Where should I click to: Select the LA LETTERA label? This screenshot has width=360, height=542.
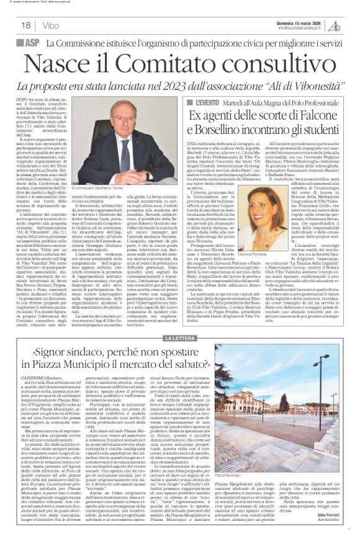click(x=179, y=338)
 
